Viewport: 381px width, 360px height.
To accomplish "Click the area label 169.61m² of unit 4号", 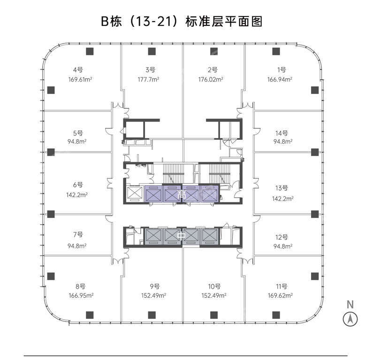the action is click(80, 80).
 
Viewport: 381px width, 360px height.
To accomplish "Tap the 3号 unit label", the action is click(151, 70).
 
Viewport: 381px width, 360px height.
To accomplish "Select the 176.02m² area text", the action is click(211, 80).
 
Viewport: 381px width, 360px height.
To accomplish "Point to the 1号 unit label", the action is click(282, 70).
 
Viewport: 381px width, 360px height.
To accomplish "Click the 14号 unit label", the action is click(282, 133).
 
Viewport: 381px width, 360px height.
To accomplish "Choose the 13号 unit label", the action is click(282, 188).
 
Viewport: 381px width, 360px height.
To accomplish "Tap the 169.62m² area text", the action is click(280, 296).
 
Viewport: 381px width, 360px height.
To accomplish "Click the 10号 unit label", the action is click(214, 286).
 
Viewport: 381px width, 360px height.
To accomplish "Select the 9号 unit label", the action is click(155, 286).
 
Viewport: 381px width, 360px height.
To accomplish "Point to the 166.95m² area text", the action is click(81, 296).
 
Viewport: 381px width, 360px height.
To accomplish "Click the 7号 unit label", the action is click(78, 234).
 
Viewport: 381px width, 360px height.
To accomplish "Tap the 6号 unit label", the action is click(78, 185).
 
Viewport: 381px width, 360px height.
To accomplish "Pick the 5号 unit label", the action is click(78, 133).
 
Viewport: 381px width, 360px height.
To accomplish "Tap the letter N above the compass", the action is click(350, 304).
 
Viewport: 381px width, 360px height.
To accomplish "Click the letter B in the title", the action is click(105, 22).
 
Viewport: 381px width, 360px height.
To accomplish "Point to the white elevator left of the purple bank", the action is click(134, 194).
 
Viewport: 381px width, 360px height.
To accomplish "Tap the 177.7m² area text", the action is click(149, 80).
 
